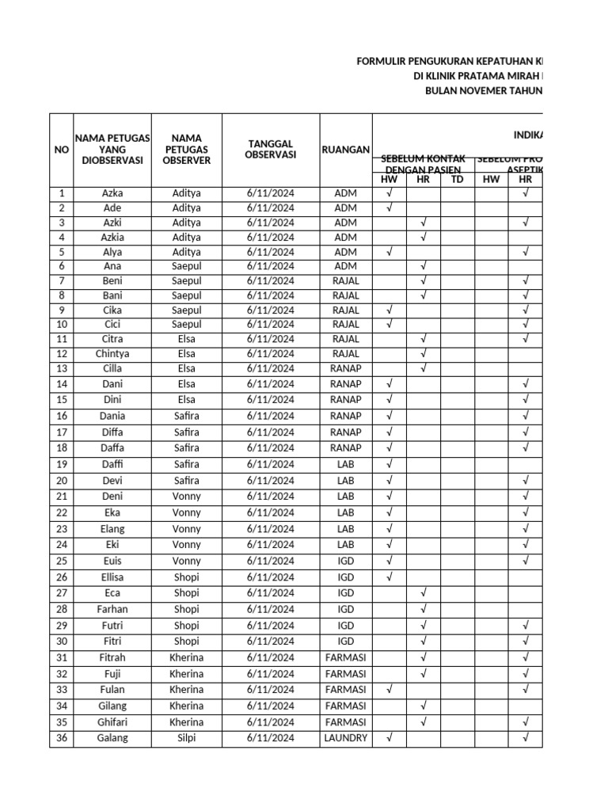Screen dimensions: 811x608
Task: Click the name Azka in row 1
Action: [112, 193]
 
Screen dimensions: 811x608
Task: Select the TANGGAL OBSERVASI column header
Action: [271, 149]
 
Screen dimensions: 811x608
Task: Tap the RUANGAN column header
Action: [346, 149]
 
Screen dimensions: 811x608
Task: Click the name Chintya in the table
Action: [112, 354]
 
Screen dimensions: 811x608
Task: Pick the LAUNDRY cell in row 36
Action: [346, 738]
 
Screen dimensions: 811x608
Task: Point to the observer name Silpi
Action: [187, 738]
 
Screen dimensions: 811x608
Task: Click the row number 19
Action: [61, 464]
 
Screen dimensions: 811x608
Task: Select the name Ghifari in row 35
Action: [112, 722]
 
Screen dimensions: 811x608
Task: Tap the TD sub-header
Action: [457, 180]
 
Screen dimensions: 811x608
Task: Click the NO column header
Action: [61, 149]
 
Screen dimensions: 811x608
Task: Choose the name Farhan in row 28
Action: [112, 609]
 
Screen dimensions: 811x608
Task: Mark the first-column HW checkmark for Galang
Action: [389, 738]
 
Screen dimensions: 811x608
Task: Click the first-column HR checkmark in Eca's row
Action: [424, 593]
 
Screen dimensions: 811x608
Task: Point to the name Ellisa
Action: [112, 577]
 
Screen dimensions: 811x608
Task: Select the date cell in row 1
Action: [271, 193]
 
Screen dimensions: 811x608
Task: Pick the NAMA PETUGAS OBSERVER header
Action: [187, 149]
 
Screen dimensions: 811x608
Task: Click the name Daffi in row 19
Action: [112, 464]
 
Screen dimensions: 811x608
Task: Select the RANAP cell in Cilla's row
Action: [346, 368]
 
